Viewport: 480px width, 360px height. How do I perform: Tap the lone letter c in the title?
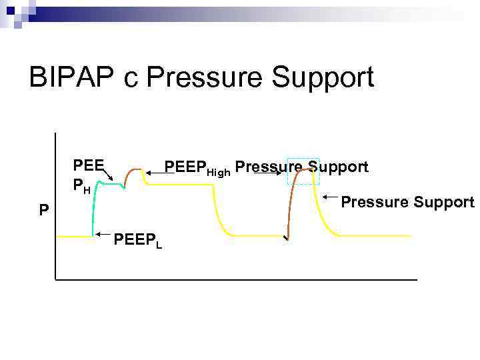pos(131,80)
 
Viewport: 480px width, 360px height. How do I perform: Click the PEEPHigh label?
pos(197,167)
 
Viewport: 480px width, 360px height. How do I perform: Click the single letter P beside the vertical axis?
pos(43,211)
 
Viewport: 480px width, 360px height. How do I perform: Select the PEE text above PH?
pos(88,165)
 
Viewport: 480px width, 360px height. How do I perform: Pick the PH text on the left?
pos(83,185)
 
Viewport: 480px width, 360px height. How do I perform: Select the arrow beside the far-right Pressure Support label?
pos(331,197)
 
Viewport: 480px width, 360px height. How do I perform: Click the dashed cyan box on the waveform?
pos(303,171)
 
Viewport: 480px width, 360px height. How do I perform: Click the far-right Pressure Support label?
pos(407,202)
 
